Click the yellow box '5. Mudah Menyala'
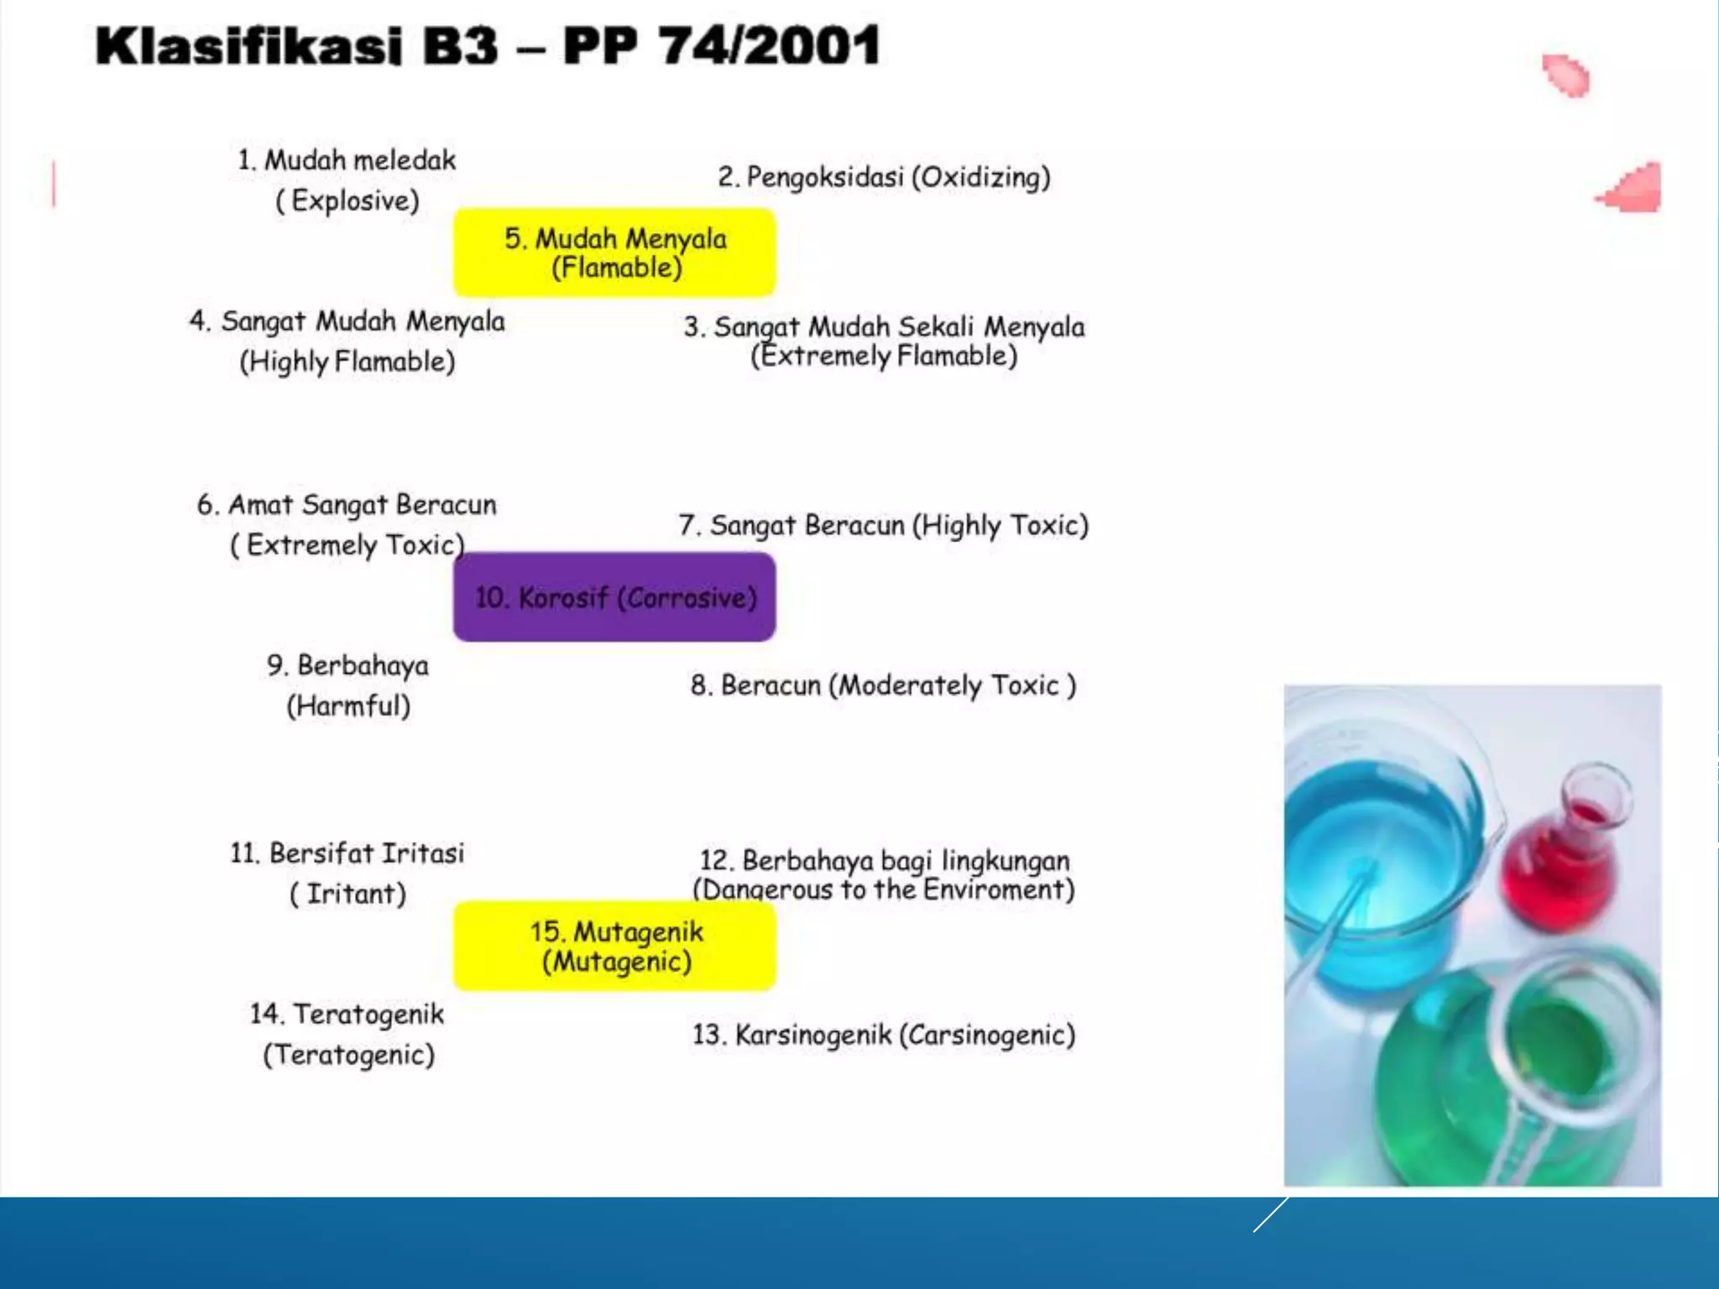[614, 252]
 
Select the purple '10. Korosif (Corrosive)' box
[614, 598]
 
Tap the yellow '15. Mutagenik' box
[614, 946]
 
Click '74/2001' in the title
[768, 45]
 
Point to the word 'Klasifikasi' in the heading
[248, 45]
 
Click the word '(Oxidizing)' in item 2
[981, 177]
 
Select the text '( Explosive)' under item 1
[347, 201]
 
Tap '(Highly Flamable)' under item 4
[347, 362]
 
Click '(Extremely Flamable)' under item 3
[884, 356]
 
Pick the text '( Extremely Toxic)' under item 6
[347, 545]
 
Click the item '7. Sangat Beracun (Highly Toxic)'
[883, 525]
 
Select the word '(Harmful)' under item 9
[348, 706]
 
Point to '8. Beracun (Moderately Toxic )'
[883, 686]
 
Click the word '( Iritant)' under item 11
[347, 894]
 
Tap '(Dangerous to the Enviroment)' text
[883, 890]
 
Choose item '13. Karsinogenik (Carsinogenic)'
[883, 1035]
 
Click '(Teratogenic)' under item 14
[348, 1055]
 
